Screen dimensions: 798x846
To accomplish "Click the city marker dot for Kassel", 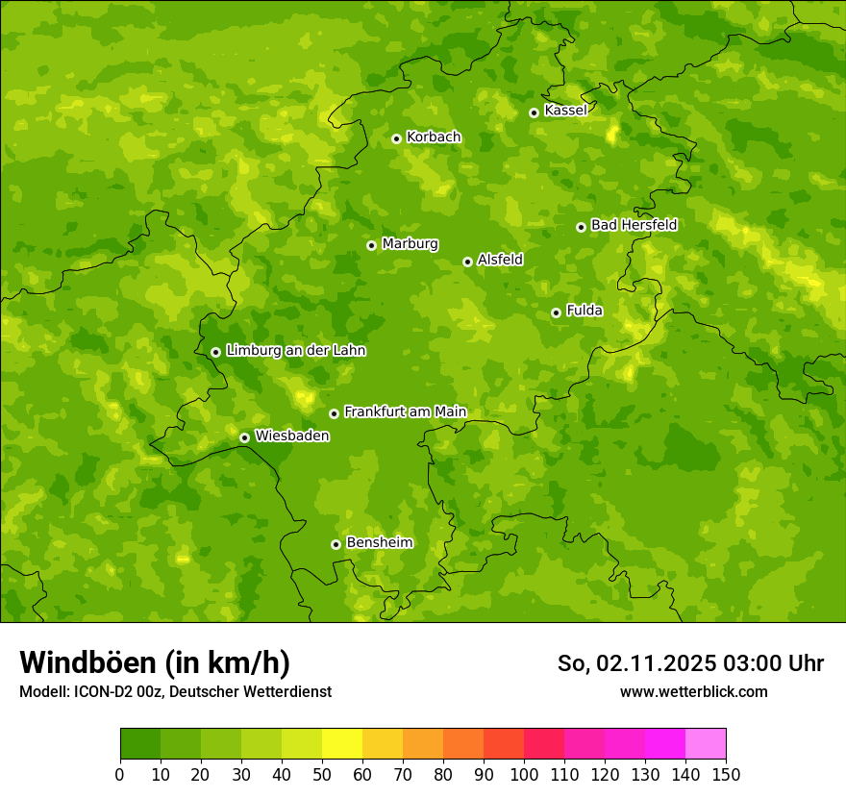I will pyautogui.click(x=534, y=112).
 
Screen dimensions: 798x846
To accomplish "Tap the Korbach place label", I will pyautogui.click(x=434, y=137).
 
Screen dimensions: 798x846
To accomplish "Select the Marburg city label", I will pyautogui.click(x=410, y=244).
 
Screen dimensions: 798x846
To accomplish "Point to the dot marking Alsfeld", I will pyautogui.click(x=467, y=262).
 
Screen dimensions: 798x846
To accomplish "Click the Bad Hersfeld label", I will pyautogui.click(x=634, y=225).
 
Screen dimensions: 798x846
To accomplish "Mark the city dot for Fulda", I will pyautogui.click(x=556, y=312).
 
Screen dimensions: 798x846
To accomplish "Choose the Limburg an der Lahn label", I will pyautogui.click(x=295, y=351).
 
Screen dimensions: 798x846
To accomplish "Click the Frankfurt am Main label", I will pyautogui.click(x=405, y=412).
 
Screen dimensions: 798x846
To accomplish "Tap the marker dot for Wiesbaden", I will pyautogui.click(x=244, y=437).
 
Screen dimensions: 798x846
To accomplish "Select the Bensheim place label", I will pyautogui.click(x=379, y=543).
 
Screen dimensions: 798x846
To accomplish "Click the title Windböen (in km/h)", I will pyautogui.click(x=155, y=662).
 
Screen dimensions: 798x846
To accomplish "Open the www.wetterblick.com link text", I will pyautogui.click(x=693, y=691).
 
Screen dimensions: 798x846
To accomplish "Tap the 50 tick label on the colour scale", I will pyautogui.click(x=322, y=775).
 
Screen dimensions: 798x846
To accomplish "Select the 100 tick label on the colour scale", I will pyautogui.click(x=524, y=775).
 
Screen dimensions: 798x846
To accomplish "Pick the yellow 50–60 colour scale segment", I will pyautogui.click(x=342, y=744).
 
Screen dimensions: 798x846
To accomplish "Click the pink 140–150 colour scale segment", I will pyautogui.click(x=706, y=744).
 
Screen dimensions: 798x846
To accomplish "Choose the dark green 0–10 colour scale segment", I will pyautogui.click(x=140, y=744).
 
